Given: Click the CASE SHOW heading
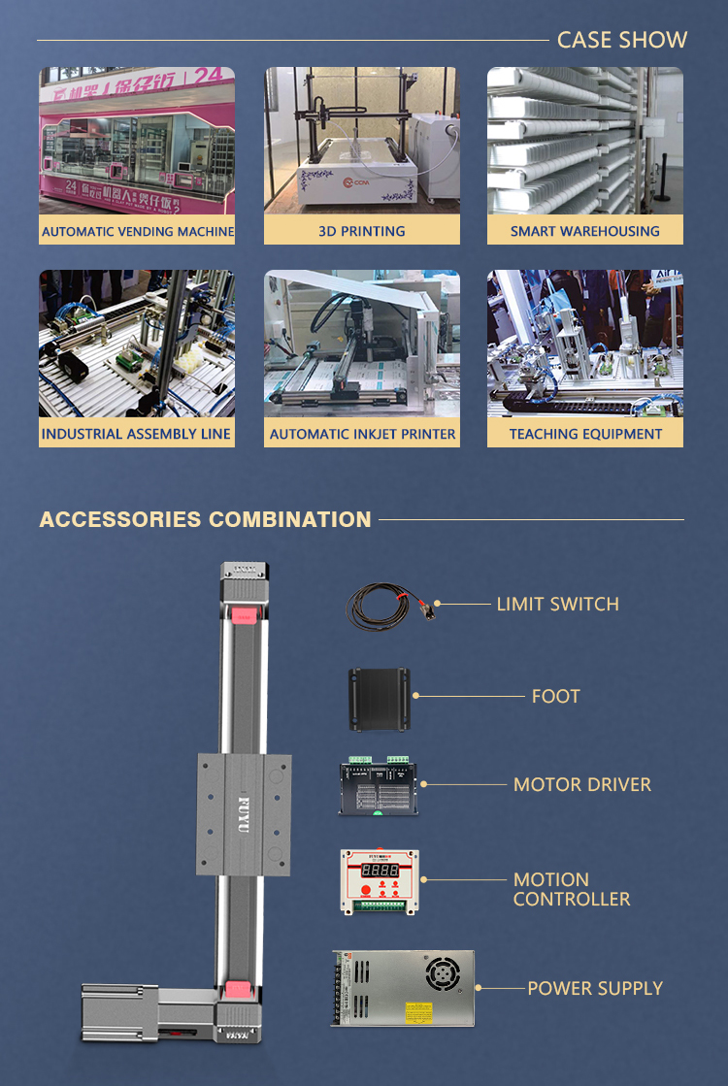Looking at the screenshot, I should click(621, 40).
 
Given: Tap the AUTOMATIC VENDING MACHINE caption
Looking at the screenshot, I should click(137, 231).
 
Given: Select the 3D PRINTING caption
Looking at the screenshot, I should click(362, 231).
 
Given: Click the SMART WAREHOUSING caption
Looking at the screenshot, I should click(585, 231).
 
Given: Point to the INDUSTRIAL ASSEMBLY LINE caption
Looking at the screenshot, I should click(137, 434).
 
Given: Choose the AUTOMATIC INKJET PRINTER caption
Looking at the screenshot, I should click(362, 434).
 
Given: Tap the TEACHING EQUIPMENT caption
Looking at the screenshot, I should click(585, 434).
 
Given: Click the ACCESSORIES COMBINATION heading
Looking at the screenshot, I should click(205, 519).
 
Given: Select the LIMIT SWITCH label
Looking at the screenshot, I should click(557, 604).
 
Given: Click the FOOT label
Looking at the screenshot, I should click(555, 696).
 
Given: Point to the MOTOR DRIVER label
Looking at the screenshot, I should click(582, 784).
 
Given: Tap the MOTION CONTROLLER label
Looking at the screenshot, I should click(572, 889).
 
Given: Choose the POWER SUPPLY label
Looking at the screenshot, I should click(595, 988).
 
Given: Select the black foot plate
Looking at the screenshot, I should click(381, 698).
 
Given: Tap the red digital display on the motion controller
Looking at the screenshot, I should click(379, 871).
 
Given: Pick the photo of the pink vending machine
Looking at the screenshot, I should click(137, 141).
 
